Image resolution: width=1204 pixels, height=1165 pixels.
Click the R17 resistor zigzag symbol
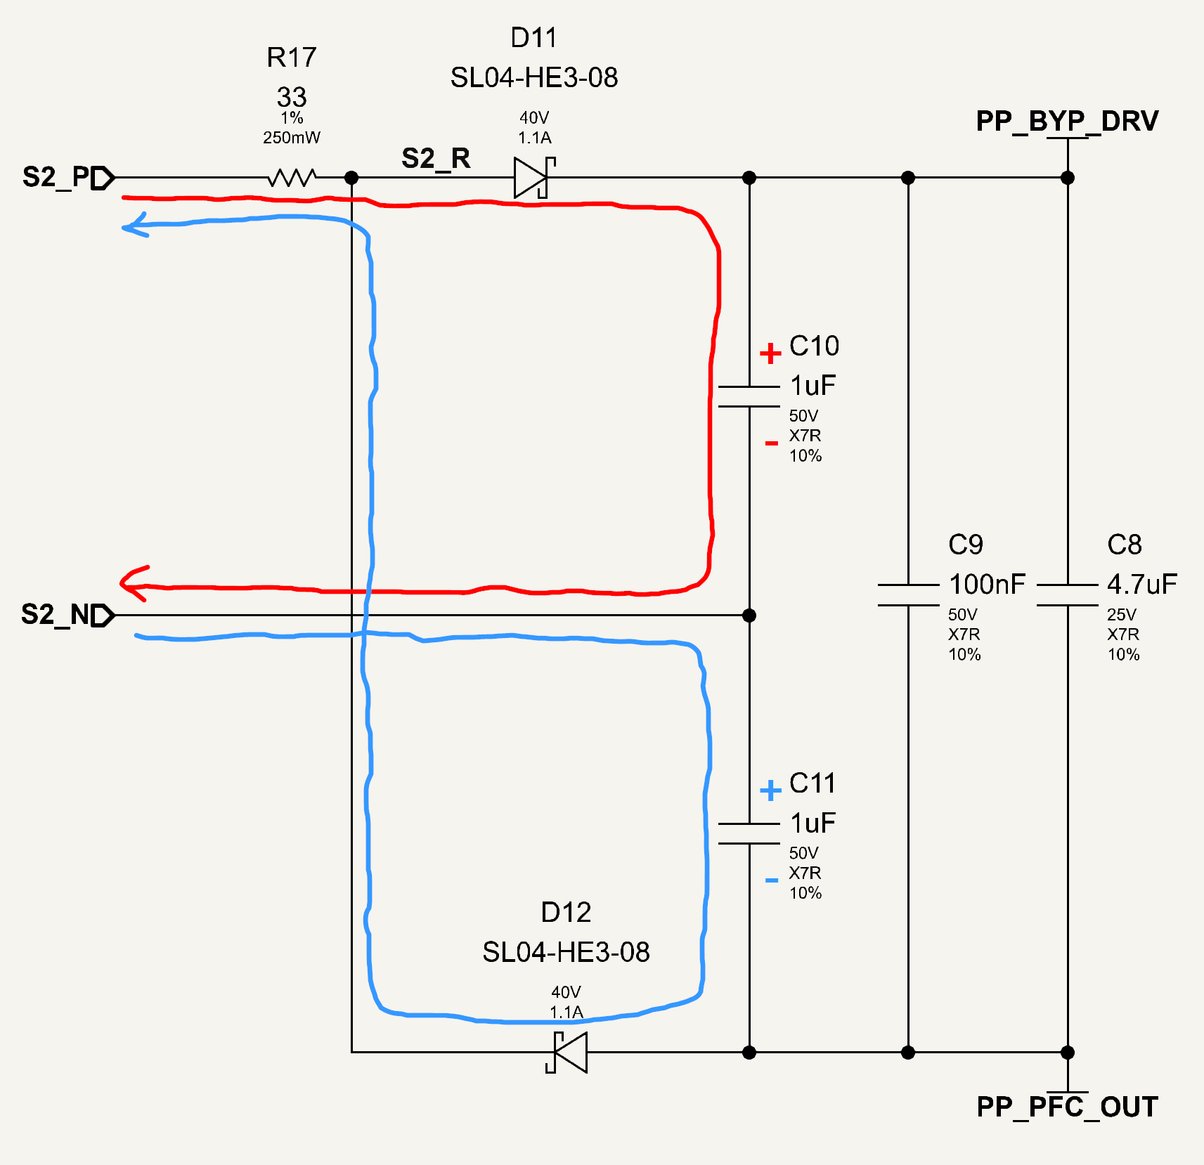(292, 177)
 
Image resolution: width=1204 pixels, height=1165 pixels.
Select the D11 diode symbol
(534, 178)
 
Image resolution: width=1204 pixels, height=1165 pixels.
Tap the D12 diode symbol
(567, 1052)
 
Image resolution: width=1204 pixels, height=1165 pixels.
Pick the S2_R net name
(436, 159)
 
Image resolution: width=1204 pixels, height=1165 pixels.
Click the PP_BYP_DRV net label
(1067, 122)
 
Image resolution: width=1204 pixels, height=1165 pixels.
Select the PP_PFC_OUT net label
(1067, 1107)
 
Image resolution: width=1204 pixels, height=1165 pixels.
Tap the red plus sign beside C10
(770, 353)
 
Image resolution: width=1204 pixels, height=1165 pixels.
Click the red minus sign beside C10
(771, 443)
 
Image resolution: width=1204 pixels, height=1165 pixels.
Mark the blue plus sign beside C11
(770, 790)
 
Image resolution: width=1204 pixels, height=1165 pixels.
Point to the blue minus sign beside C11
(771, 880)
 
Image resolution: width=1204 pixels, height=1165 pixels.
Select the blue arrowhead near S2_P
(135, 226)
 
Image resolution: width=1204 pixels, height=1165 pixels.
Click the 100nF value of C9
(987, 584)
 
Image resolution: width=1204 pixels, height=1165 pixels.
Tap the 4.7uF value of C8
(1142, 584)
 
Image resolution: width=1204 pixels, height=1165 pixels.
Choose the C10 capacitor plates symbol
(749, 396)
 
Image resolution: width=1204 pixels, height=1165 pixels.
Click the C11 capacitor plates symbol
(749, 833)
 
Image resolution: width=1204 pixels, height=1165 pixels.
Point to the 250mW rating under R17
(292, 138)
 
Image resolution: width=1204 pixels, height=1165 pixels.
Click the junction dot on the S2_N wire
(749, 616)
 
